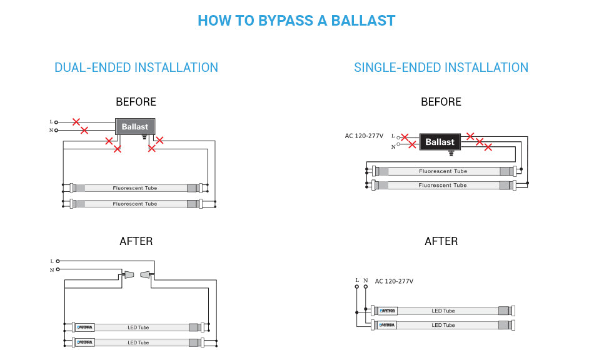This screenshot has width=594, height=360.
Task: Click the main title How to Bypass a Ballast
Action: (x=296, y=20)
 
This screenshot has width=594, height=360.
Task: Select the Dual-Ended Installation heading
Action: (x=136, y=67)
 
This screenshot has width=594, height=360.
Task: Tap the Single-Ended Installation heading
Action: (x=441, y=67)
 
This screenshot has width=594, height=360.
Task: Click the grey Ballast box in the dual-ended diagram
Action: (x=135, y=126)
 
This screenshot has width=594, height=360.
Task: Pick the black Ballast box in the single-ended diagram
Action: (x=440, y=142)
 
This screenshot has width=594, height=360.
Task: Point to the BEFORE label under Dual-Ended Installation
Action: (x=136, y=102)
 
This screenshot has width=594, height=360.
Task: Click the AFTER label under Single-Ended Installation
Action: (x=441, y=241)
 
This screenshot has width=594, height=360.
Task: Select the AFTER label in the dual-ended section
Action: (x=136, y=241)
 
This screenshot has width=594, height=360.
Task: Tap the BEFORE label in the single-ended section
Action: (x=441, y=102)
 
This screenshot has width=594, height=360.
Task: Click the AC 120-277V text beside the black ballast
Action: (x=364, y=136)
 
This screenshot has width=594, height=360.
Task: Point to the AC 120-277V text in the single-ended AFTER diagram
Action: (x=394, y=281)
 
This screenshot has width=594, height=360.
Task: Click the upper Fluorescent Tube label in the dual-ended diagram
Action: (x=135, y=188)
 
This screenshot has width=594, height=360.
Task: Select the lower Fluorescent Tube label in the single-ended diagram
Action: (x=443, y=186)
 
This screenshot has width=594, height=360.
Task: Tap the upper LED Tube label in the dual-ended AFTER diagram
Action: (x=138, y=327)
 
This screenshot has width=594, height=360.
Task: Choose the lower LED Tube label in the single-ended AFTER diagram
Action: (x=443, y=325)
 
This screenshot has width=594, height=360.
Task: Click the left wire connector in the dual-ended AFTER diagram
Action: (x=129, y=274)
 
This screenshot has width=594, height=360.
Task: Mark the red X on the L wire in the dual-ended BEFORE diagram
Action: (x=76, y=122)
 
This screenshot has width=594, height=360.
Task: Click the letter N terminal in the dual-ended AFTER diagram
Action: (x=52, y=269)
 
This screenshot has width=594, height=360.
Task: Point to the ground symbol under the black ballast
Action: (x=451, y=153)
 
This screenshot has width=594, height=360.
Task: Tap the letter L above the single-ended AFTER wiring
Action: (x=357, y=280)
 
